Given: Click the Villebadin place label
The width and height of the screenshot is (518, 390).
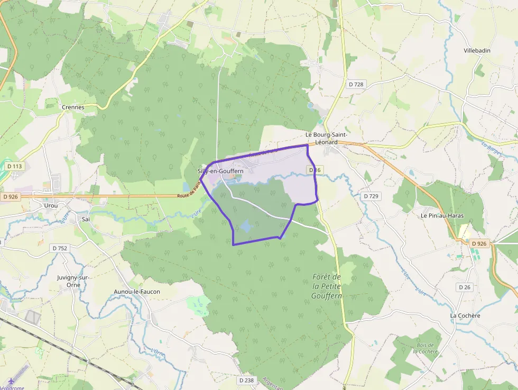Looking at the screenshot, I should (477, 51).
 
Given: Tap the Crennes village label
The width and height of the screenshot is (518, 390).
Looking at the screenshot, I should (73, 107).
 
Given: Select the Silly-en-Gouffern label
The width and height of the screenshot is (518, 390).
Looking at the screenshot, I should (220, 171).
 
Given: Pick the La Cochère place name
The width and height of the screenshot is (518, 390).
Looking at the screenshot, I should (465, 316).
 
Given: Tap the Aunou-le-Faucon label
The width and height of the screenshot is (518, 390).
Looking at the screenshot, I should (137, 292).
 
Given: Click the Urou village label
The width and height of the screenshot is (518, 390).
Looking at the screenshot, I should (51, 205).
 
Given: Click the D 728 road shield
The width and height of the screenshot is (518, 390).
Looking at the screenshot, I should (356, 84).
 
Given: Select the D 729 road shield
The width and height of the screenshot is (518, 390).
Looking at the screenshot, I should (371, 196).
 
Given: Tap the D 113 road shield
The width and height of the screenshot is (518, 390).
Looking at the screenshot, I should (15, 166).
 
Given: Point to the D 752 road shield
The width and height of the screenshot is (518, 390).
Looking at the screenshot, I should (60, 248).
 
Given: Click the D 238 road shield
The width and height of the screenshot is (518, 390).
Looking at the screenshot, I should (246, 380).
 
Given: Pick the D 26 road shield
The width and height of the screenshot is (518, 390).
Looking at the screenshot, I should (465, 287).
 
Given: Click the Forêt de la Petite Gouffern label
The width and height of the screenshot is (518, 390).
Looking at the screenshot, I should (327, 286).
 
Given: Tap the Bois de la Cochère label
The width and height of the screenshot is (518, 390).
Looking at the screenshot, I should (425, 348).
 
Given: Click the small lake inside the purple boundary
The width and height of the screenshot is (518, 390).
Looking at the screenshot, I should (246, 227).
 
